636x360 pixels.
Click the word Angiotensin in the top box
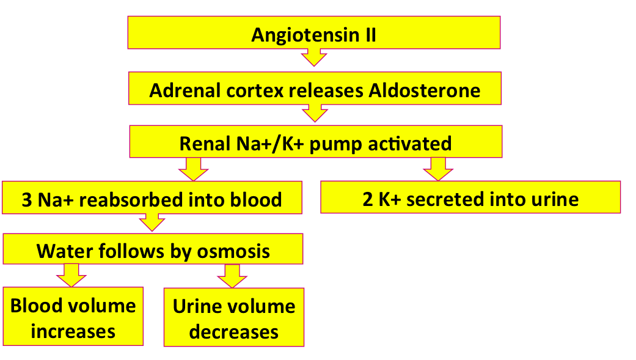pyautogui.click(x=305, y=35)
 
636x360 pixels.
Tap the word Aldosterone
pyautogui.click(x=424, y=90)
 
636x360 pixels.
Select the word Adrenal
pyautogui.click(x=185, y=90)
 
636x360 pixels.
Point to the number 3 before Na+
pyautogui.click(x=27, y=200)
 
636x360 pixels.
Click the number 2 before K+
pyautogui.click(x=367, y=199)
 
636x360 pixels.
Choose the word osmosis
pyautogui.click(x=233, y=252)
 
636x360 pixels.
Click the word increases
pyautogui.click(x=73, y=332)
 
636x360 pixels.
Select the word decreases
pyautogui.click(x=233, y=332)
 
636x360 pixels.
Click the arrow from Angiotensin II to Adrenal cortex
pyautogui.click(x=314, y=57)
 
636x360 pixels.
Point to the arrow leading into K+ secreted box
pyautogui.click(x=438, y=169)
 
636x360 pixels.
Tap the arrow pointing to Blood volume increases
pyautogui.click(x=71, y=276)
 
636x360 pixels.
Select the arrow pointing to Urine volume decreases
pyautogui.click(x=232, y=276)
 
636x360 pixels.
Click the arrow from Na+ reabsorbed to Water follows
pyautogui.click(x=152, y=222)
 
